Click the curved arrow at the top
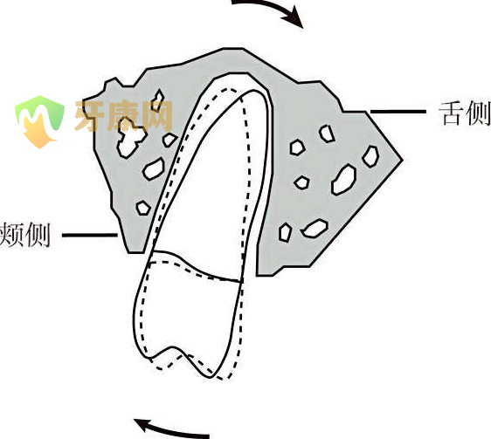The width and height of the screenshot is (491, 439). (269, 7)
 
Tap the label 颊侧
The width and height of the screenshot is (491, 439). (25, 235)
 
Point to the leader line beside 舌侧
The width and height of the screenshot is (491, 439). (398, 112)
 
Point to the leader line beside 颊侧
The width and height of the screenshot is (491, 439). (90, 235)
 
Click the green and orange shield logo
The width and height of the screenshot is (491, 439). (40, 121)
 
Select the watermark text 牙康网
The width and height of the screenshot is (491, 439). (123, 116)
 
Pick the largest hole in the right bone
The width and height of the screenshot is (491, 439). (344, 180)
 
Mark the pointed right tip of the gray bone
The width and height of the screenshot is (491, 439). (402, 161)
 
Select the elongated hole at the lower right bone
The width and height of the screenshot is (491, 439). (315, 228)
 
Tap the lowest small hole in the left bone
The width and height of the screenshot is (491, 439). (143, 208)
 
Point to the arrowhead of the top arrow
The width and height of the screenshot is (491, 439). (294, 18)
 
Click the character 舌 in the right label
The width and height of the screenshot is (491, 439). (451, 113)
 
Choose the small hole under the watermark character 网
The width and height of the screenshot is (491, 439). (169, 140)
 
